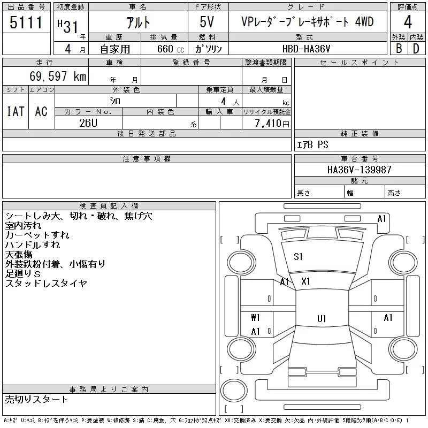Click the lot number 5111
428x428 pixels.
coord(26,22)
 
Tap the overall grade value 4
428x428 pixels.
coord(408,22)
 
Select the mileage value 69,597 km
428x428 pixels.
coord(58,76)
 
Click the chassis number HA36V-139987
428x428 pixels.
coord(359,170)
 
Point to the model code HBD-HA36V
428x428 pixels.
coord(306,49)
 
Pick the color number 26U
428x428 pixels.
coord(88,123)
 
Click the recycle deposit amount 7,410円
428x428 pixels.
coord(272,124)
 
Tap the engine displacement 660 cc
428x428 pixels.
coord(170,49)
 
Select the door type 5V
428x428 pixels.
coord(207,22)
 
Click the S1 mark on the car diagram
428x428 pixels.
coord(298,257)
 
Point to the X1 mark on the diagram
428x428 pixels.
coord(305,281)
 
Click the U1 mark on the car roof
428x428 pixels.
coord(322,318)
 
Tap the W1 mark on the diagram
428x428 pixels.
coord(255,317)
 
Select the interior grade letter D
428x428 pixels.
coord(416,49)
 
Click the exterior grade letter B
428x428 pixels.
coord(399,49)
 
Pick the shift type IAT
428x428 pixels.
coord(16,111)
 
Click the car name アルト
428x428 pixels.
coord(138,22)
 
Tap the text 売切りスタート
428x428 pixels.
coord(36,399)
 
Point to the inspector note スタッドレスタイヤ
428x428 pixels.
coord(46,284)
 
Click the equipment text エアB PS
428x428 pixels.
coord(312,144)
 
